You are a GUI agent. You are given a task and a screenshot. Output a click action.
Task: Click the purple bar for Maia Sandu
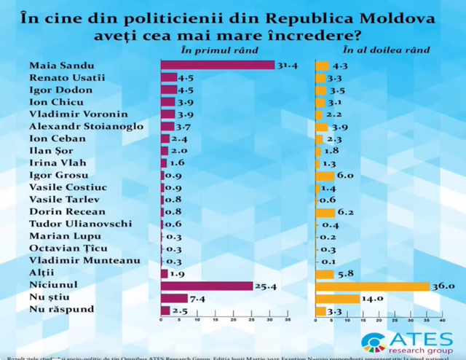[217, 65]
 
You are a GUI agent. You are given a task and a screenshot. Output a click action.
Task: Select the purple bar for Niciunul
[206, 285]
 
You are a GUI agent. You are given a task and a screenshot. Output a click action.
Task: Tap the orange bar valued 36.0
[372, 286]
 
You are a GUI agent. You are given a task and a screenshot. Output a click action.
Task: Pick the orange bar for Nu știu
[337, 299]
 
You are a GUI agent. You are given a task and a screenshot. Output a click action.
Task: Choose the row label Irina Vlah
[52, 163]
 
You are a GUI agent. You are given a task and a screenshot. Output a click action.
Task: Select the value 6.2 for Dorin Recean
[346, 212]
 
